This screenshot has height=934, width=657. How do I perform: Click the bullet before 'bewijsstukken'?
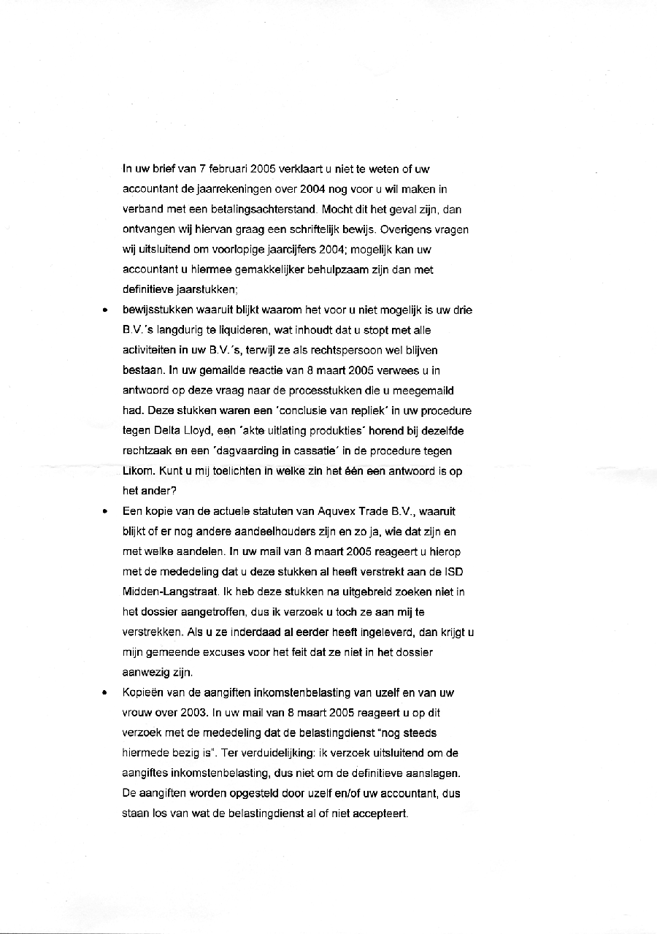coord(106,310)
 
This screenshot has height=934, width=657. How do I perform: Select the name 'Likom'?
coord(137,471)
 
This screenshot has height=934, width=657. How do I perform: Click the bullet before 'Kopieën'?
coord(106,693)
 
